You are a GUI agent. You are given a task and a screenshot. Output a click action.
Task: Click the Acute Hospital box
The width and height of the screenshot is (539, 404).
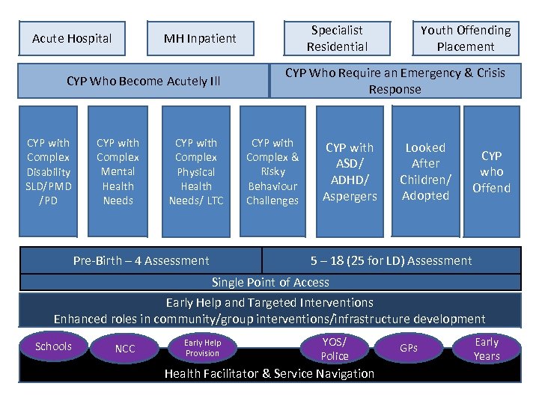point(72,39)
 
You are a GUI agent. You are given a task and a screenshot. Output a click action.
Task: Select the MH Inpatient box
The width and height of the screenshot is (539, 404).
point(200,39)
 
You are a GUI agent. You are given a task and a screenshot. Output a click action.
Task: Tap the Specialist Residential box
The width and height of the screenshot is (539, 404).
point(337,39)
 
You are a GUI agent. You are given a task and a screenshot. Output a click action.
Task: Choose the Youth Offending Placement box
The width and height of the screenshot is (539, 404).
point(466,39)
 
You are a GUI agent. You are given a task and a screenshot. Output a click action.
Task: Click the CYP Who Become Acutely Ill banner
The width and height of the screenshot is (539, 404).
point(143,81)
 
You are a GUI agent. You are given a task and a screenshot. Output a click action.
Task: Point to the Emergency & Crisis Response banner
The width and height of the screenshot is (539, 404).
point(395,81)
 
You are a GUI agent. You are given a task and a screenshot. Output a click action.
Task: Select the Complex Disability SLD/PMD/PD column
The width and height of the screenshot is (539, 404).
point(48,171)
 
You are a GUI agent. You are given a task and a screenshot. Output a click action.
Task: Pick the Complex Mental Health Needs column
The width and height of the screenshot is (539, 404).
point(118,171)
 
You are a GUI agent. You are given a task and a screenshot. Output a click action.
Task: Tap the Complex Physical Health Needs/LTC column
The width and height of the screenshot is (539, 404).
point(196,171)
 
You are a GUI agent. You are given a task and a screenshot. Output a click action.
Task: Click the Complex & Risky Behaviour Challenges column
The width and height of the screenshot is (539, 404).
point(272,171)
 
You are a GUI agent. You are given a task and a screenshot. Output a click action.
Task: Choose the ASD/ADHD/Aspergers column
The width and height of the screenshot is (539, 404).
point(350,171)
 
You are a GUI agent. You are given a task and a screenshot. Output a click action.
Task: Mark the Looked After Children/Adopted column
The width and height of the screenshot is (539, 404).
point(425,171)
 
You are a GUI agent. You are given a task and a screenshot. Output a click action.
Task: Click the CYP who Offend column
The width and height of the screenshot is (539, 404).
point(491,171)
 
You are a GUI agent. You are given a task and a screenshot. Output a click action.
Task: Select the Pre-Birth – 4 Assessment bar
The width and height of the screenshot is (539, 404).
point(141,260)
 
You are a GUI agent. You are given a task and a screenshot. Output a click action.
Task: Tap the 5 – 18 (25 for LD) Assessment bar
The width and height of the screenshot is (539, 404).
point(392,260)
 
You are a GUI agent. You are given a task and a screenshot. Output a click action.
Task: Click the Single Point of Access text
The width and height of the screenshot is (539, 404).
point(270,282)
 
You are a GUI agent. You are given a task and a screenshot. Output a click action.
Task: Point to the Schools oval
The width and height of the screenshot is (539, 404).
point(54,346)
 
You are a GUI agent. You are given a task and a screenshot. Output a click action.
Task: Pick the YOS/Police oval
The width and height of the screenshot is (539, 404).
point(334,349)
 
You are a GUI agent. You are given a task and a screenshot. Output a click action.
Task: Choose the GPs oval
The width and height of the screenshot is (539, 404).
point(409,348)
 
